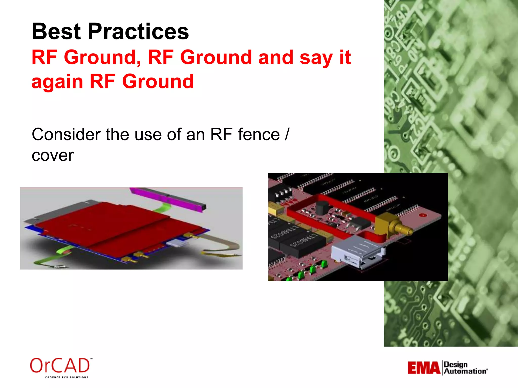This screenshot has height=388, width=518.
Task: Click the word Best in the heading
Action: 56,32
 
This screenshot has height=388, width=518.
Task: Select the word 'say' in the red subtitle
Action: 316,58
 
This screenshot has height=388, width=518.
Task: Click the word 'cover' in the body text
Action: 53,155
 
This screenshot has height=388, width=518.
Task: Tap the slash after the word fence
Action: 287,134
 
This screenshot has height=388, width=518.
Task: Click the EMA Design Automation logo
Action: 447,368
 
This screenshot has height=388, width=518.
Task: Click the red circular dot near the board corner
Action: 423,215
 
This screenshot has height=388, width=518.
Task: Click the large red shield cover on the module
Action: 114,222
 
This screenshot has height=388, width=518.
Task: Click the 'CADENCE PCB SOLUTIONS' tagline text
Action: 67,377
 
